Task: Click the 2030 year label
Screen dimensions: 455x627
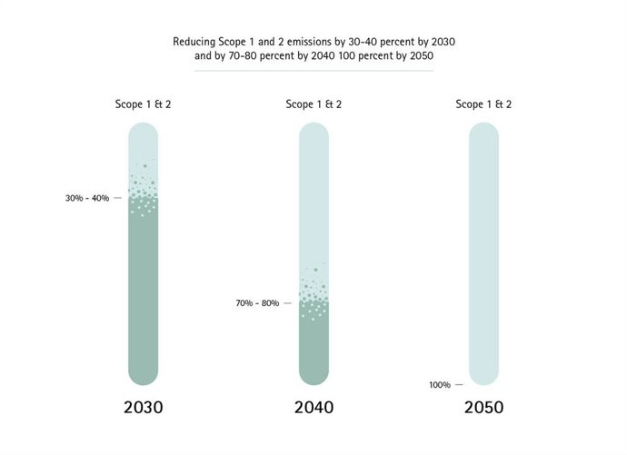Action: (x=144, y=408)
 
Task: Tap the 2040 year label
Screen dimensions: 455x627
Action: (x=313, y=408)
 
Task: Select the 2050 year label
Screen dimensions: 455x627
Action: (x=483, y=408)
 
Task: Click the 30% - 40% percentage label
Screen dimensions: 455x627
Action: (x=87, y=198)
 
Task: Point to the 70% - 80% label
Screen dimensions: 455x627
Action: (x=257, y=303)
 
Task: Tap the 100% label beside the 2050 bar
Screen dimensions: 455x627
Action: (x=440, y=385)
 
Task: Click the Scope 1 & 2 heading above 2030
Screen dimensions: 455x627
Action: (x=144, y=104)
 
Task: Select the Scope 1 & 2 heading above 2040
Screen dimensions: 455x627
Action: (x=313, y=104)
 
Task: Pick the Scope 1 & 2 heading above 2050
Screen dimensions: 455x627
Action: (x=483, y=104)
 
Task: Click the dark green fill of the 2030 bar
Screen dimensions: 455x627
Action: (x=144, y=291)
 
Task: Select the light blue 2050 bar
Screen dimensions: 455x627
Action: (x=483, y=254)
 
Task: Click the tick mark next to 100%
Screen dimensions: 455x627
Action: (x=459, y=385)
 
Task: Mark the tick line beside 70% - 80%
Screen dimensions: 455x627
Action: (x=288, y=303)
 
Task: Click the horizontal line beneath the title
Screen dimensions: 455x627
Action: (x=313, y=70)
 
